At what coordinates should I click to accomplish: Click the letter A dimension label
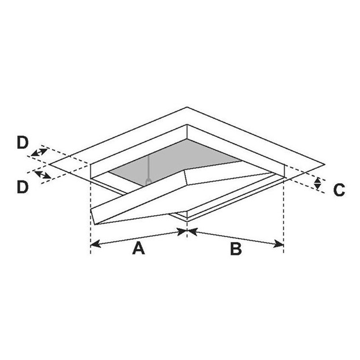point(138,248)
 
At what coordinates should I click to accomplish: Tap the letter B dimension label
point(236,248)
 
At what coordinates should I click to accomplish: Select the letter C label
point(339,190)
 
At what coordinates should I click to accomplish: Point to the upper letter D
point(22,143)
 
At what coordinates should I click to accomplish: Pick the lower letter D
point(22,187)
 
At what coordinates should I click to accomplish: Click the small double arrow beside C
point(318,183)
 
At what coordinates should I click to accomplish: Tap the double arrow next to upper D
point(39,152)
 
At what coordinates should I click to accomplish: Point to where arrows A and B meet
point(187,231)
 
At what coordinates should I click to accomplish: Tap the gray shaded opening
point(180,157)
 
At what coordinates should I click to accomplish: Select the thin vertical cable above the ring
point(148,166)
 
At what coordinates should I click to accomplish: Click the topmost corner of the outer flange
point(187,107)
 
